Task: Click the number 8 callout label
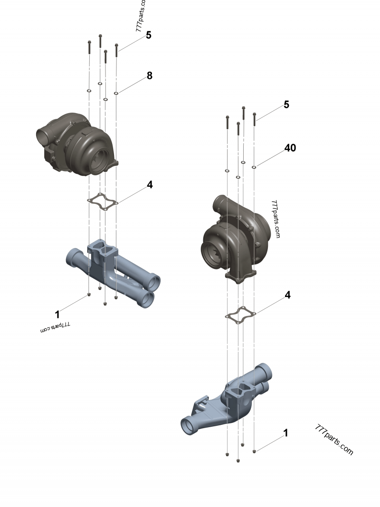150,75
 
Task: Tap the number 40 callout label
290,148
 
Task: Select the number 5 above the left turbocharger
149,35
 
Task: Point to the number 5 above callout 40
286,105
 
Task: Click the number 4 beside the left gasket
150,184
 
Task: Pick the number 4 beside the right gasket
287,295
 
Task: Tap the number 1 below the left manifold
57,314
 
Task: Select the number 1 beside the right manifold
285,433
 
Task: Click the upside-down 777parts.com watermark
55,327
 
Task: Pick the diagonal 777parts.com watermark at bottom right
334,440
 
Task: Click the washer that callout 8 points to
116,93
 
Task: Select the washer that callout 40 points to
255,167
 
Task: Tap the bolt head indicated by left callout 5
116,46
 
